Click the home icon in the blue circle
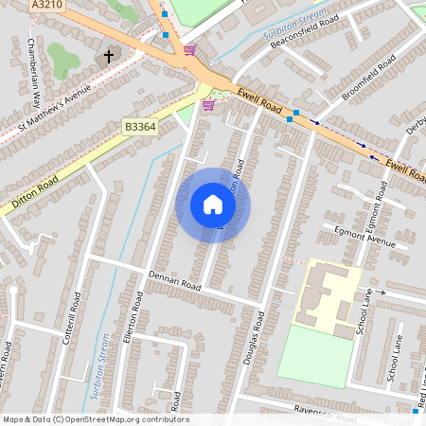pos(213,204)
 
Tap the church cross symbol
pos(108,56)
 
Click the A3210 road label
pos(46,6)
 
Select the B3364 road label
pos(139,125)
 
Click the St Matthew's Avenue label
pos(54,106)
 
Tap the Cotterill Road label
pos(68,323)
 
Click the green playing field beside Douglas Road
pos(312,355)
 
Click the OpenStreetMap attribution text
pos(95,419)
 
